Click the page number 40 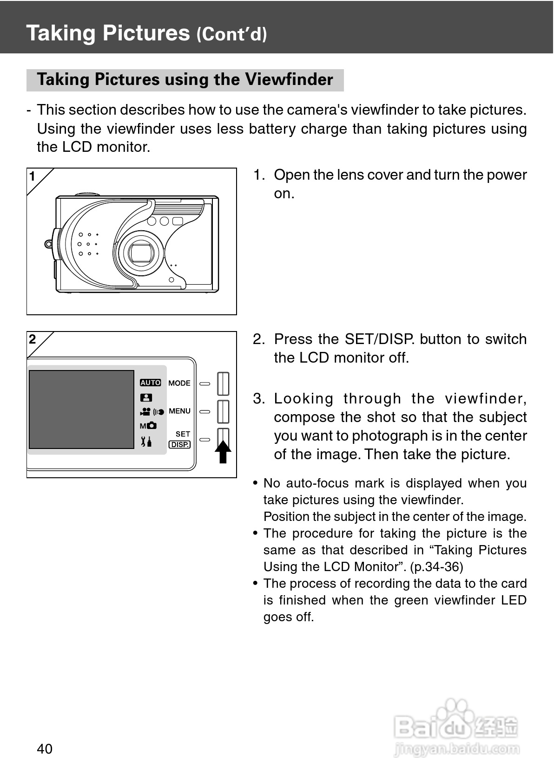tap(45, 748)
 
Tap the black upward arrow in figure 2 tap(223, 452)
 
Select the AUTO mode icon tap(150, 383)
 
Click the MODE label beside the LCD tap(179, 383)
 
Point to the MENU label tap(180, 411)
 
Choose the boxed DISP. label tap(179, 444)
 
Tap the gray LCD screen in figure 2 tap(82, 409)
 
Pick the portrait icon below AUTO tap(146, 397)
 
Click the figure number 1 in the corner tap(33, 176)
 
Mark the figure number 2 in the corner tap(33, 339)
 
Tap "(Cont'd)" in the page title tap(231, 34)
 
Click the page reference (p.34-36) tap(436, 567)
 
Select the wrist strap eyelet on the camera tap(48, 243)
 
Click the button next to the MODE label tap(223, 384)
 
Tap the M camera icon tap(148, 426)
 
